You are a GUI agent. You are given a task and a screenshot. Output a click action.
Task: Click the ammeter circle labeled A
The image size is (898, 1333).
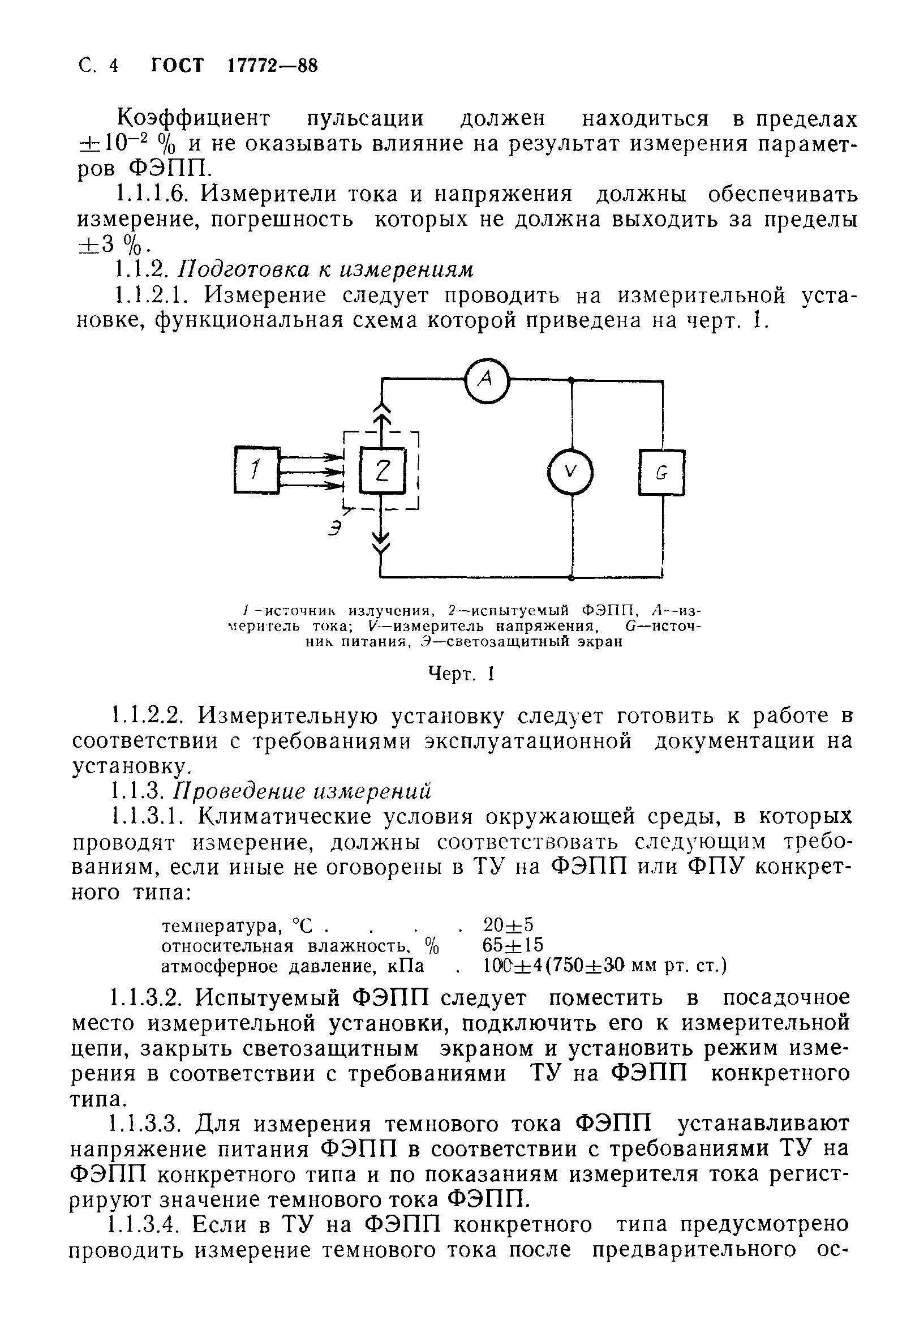(x=486, y=379)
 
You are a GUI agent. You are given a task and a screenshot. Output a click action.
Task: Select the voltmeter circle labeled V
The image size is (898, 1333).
(x=570, y=472)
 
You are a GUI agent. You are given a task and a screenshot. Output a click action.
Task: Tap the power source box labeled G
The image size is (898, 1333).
(x=661, y=473)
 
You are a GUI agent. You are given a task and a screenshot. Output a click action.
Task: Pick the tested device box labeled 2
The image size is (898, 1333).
(x=382, y=471)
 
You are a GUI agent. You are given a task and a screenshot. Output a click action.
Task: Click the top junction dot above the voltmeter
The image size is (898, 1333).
(x=571, y=379)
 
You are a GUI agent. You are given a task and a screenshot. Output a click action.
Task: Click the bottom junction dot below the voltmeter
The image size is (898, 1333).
(x=571, y=577)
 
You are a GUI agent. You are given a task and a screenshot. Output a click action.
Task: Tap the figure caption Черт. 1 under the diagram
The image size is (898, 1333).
(x=461, y=674)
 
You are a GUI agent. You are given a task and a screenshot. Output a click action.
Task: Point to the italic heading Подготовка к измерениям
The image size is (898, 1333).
(x=326, y=269)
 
